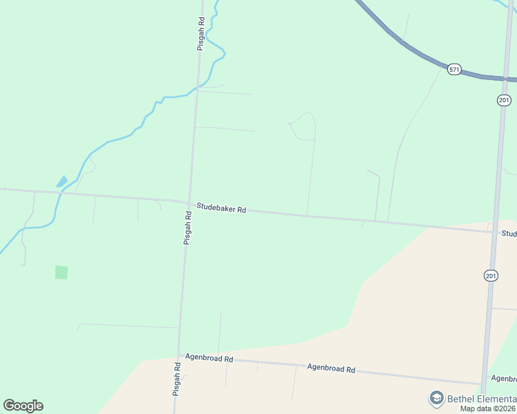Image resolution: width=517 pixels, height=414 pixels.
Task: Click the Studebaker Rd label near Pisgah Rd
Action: click(221, 207)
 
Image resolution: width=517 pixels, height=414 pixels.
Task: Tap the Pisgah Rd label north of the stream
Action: click(200, 34)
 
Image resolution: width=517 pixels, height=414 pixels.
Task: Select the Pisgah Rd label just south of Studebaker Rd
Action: click(187, 228)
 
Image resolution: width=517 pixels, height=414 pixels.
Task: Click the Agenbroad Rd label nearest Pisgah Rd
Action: click(209, 359)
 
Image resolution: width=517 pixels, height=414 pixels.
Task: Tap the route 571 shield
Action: click(454, 70)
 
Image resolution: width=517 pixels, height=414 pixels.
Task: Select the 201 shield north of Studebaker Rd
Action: click(504, 101)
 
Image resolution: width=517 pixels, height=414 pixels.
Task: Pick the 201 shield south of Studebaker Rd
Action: click(491, 275)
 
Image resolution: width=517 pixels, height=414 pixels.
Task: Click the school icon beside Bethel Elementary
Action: click(436, 398)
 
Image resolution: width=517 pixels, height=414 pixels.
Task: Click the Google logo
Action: click(23, 406)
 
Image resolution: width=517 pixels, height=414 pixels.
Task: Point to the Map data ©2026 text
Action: click(488, 408)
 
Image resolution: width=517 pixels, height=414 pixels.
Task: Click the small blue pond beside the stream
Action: click(62, 181)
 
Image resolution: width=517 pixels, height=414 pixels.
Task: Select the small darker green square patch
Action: click(62, 273)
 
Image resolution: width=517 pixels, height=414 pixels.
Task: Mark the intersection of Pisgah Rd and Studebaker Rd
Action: click(189, 203)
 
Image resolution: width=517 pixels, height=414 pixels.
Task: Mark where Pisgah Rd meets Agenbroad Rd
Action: click(180, 357)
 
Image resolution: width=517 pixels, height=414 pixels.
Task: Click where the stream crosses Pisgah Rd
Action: click(197, 88)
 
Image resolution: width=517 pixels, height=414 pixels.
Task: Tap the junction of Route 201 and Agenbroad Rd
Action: click(482, 384)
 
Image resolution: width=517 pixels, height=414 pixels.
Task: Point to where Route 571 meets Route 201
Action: click(509, 79)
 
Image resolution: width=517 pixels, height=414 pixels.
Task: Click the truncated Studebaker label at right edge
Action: click(509, 234)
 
